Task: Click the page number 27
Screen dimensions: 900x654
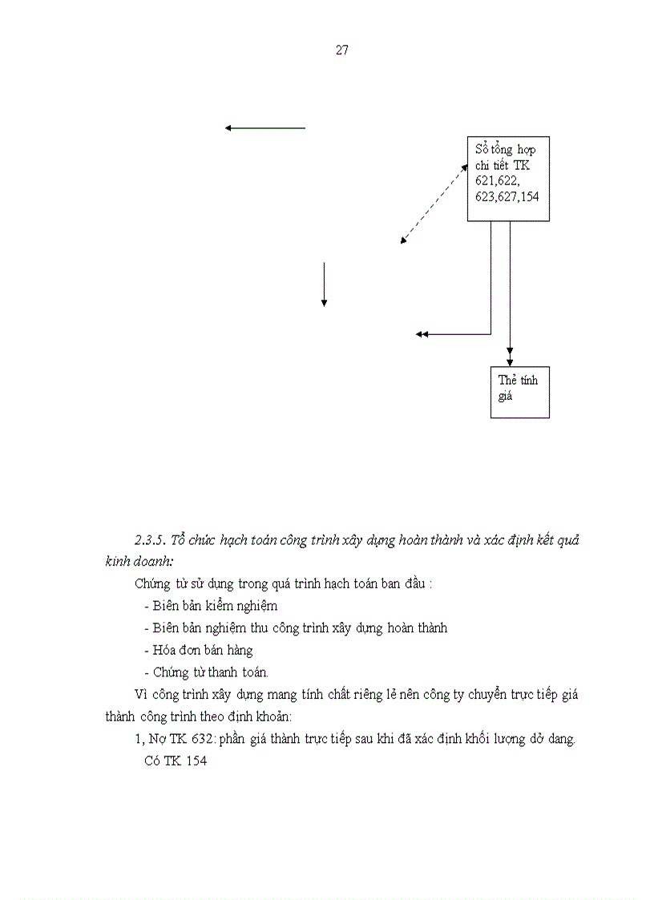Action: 341,50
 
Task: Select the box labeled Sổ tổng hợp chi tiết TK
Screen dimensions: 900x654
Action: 508,179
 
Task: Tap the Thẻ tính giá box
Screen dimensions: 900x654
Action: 519,392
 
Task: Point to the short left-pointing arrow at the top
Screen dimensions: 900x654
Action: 265,127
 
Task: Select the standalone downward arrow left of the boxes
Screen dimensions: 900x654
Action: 324,284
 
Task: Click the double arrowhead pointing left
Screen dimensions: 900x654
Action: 422,334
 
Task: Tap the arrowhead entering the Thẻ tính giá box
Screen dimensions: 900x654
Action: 510,362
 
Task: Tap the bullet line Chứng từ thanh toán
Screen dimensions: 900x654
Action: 210,672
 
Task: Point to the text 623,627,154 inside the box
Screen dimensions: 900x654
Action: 507,196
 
